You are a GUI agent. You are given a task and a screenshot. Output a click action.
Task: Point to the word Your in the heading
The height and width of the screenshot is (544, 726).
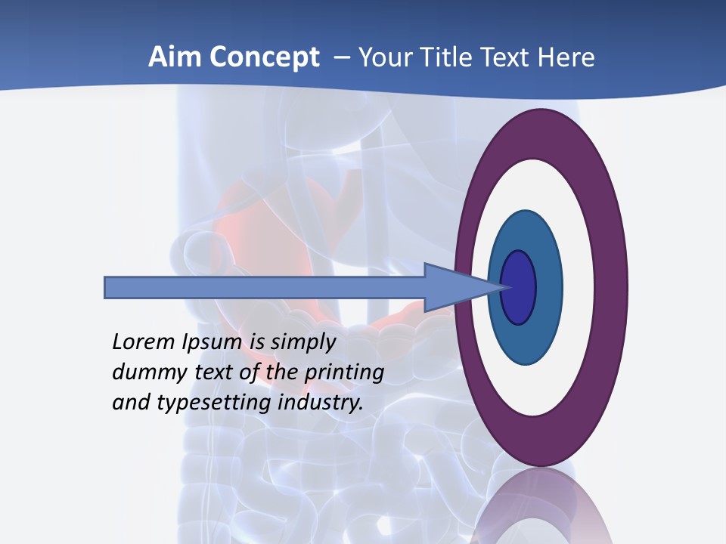pyautogui.click(x=384, y=57)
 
